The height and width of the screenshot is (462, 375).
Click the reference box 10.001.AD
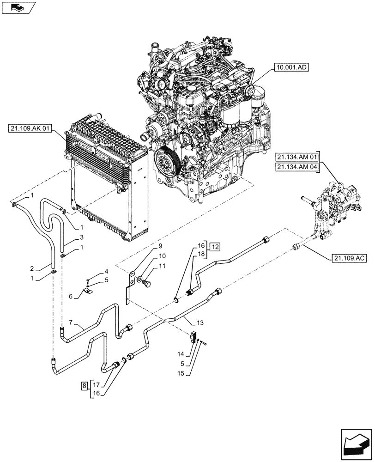point(292,67)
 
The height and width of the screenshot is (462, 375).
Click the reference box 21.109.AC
point(349,259)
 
